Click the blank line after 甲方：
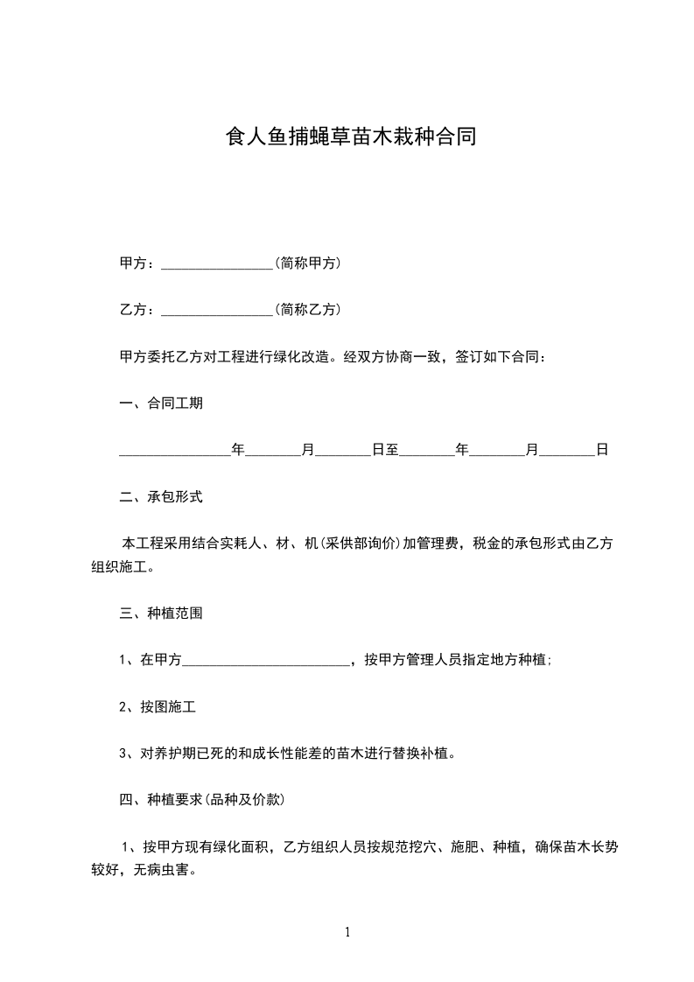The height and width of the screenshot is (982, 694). pyautogui.click(x=218, y=263)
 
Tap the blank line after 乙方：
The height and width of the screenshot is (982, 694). pyautogui.click(x=218, y=310)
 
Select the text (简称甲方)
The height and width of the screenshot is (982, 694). pyautogui.click(x=308, y=263)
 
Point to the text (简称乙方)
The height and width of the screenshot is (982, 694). pyautogui.click(x=308, y=309)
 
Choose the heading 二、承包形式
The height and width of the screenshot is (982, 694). pyautogui.click(x=161, y=496)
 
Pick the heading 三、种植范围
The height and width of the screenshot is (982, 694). pyautogui.click(x=161, y=614)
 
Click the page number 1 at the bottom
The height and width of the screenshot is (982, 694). pyautogui.click(x=347, y=932)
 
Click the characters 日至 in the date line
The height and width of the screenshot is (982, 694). pyautogui.click(x=385, y=450)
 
